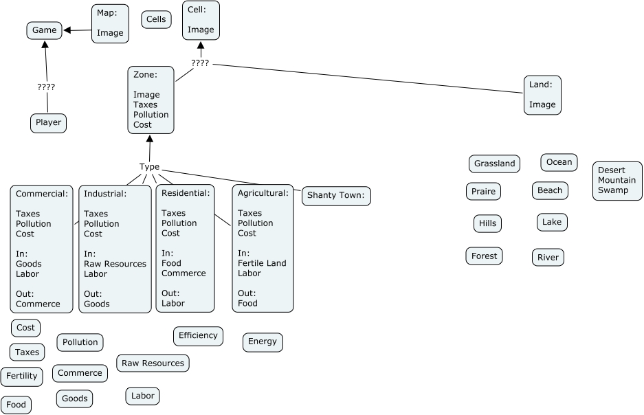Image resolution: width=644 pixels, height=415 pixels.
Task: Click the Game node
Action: coord(45,30)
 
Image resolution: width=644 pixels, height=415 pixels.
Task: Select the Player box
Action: coord(48,123)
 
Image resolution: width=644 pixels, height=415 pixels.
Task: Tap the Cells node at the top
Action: coord(156,19)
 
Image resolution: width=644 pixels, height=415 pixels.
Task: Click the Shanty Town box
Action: coord(337,196)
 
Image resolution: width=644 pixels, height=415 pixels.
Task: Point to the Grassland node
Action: coord(494,164)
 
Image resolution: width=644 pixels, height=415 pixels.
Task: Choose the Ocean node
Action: coord(559,162)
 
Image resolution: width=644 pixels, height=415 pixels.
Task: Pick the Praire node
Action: coord(483,191)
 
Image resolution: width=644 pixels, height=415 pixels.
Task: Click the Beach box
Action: coord(550,190)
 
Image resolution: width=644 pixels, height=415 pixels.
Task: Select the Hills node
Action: coord(487,223)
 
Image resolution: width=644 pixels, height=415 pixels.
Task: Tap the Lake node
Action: coord(552,222)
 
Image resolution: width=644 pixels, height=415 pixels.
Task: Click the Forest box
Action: coord(484,256)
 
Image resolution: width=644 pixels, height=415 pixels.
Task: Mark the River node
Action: coord(548,258)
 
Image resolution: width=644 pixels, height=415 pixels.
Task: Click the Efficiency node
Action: coord(198,336)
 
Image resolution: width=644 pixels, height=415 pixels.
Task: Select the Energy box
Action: coord(263,341)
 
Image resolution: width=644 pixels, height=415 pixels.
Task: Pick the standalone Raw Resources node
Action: coord(153,363)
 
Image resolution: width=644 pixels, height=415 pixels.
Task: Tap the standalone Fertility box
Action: coord(21,376)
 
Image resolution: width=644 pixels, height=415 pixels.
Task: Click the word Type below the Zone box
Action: coord(149,167)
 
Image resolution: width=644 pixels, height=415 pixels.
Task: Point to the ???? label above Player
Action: coord(46,87)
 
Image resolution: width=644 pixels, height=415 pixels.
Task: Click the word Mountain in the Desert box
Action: coord(617,180)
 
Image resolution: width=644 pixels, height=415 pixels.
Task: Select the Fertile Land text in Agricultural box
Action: coord(262,263)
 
